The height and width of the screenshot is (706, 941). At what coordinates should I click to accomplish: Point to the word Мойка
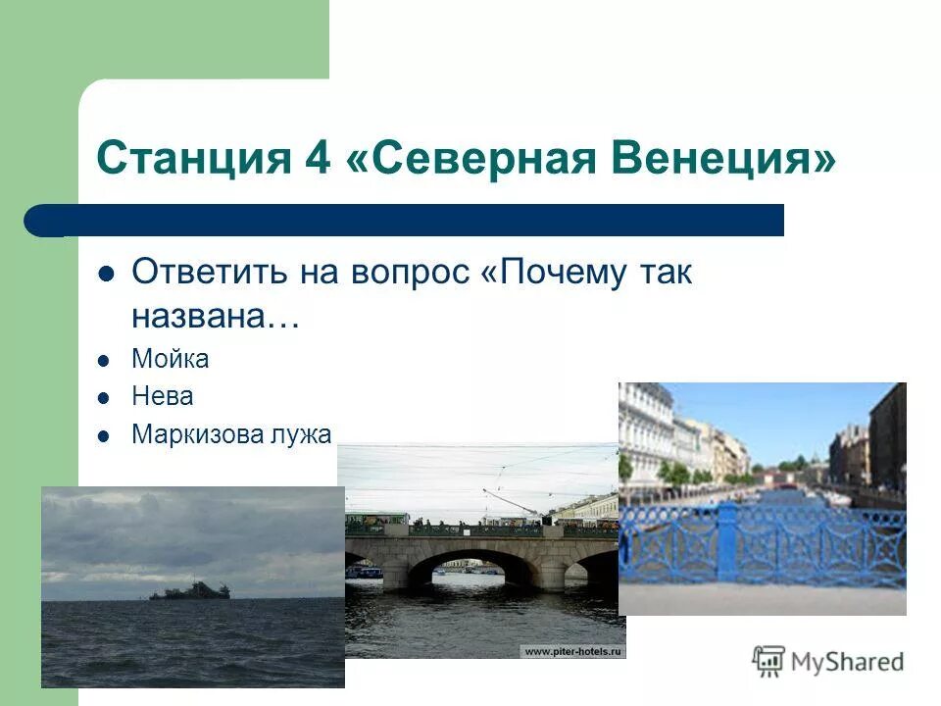(170, 359)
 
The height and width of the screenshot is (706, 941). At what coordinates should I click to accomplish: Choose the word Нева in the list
(162, 396)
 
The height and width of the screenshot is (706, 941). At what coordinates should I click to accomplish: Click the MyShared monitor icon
(769, 661)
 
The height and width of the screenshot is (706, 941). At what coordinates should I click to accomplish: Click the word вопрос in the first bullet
(411, 273)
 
